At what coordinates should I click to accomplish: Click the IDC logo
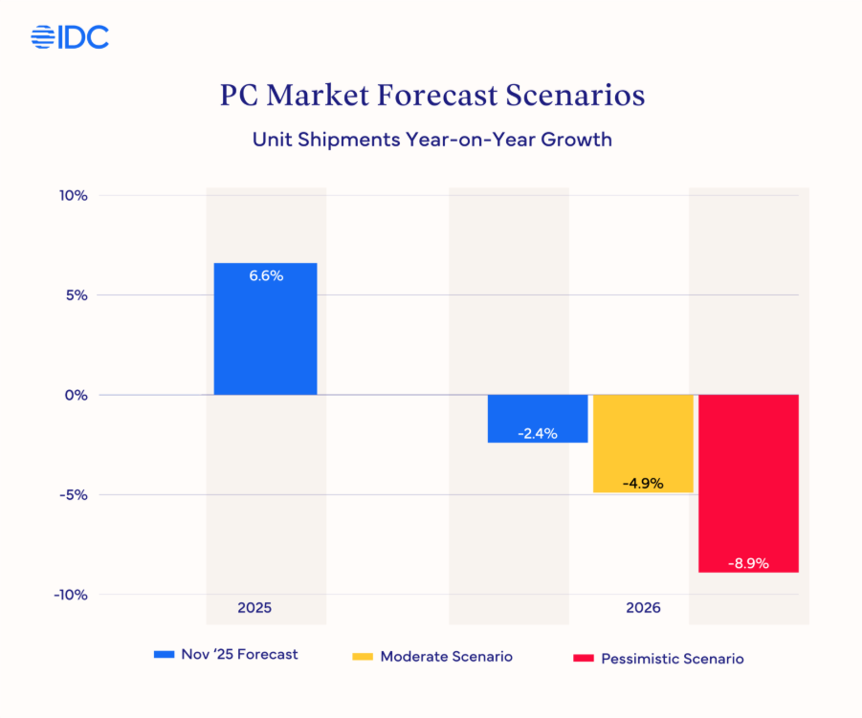[x=70, y=37]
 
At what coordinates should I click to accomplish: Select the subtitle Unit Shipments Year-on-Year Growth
[x=431, y=140]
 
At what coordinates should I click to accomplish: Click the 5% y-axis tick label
[x=77, y=295]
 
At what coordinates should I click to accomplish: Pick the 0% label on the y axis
[x=77, y=395]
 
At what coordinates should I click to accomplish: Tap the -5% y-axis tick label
[x=75, y=495]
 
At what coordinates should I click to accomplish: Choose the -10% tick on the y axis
[x=72, y=595]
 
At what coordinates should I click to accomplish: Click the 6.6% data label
[x=266, y=275]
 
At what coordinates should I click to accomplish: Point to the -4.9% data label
[x=643, y=484]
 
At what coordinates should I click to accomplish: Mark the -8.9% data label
[x=748, y=563]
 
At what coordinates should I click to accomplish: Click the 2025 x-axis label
[x=254, y=608]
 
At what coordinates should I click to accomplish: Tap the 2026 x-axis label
[x=643, y=608]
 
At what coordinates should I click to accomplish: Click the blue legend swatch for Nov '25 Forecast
[x=165, y=656]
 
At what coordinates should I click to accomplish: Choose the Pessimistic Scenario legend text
[x=672, y=659]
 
